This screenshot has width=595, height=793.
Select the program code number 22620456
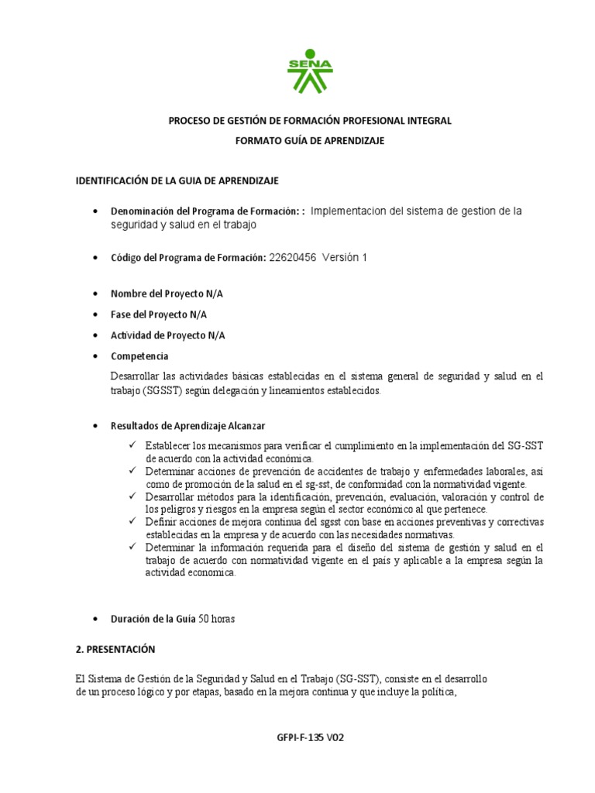point(293,258)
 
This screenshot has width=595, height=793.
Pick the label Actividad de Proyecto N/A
point(168,335)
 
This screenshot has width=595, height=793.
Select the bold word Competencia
point(139,356)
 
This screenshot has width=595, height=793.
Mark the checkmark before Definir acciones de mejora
point(134,522)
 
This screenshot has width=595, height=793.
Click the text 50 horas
point(217,619)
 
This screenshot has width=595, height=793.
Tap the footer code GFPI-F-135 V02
point(310,738)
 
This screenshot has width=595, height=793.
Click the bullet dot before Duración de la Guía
point(95,620)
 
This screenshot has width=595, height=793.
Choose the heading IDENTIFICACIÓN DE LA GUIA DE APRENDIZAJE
point(177,180)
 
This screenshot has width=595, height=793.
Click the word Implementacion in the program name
point(349,211)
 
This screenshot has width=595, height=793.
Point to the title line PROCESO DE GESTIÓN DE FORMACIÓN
point(310,121)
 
